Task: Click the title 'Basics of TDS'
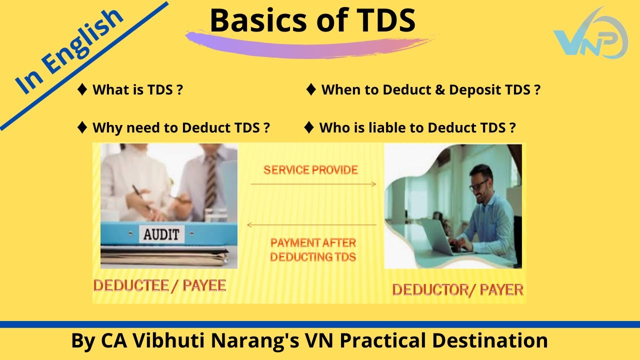point(312,21)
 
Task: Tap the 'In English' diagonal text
point(70,51)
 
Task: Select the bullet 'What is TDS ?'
point(137,90)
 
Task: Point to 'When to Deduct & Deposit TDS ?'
point(430,90)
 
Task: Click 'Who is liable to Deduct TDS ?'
point(417,127)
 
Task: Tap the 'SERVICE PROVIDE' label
point(310,170)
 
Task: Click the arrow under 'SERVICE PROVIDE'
point(313,184)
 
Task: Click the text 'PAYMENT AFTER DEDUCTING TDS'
point(313,250)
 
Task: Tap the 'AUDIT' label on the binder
point(161,234)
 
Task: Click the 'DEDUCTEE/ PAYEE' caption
point(160,285)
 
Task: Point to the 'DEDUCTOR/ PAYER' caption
point(457,289)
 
